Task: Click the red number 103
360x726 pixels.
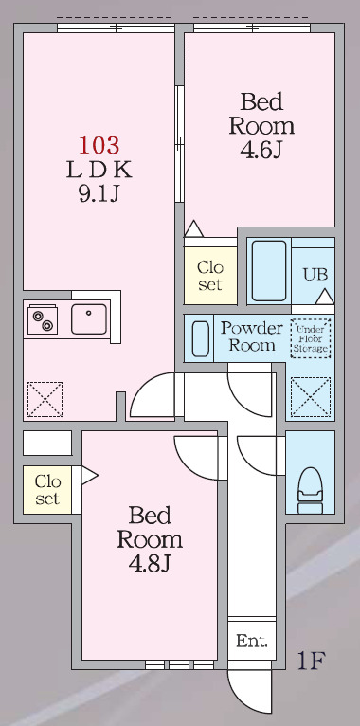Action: [99, 145]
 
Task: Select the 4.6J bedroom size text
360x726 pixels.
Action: [261, 149]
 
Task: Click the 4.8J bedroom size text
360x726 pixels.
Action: [150, 564]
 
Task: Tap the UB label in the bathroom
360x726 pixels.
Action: [315, 274]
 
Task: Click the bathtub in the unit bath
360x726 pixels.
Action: [270, 270]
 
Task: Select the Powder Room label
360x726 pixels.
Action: [251, 336]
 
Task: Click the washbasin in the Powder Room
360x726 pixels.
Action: [201, 337]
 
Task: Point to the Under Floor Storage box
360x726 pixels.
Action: [311, 337]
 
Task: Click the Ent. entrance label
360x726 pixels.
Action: [252, 642]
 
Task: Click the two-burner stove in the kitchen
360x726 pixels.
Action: [43, 321]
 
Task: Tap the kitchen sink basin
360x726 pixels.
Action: [91, 319]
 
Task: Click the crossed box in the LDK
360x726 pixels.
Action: [45, 399]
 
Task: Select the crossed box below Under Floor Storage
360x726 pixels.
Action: [310, 397]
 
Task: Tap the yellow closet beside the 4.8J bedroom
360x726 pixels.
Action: [46, 489]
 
